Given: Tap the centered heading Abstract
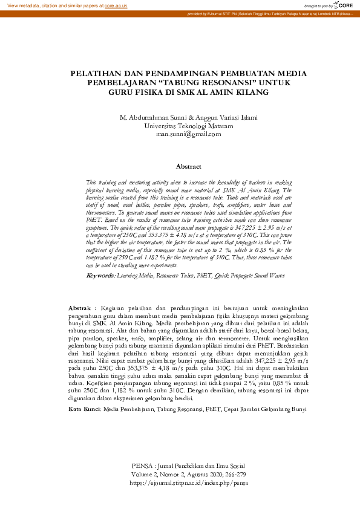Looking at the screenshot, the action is (188, 166).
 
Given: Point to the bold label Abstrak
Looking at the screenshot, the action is (82, 308).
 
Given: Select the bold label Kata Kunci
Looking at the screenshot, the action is (84, 409).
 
